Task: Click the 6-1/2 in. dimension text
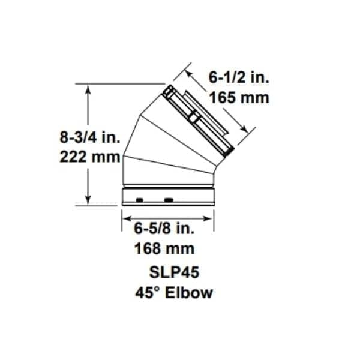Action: coord(239,77)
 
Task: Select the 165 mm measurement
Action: coord(239,98)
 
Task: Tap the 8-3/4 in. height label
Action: coord(90,137)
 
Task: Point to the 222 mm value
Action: coord(90,157)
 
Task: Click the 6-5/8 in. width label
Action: coord(164,229)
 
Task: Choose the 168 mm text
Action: coord(164,248)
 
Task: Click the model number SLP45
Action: coord(174,272)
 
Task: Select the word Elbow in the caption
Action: coord(189,293)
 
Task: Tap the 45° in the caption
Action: coord(148,293)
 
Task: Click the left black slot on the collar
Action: coord(140,200)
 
